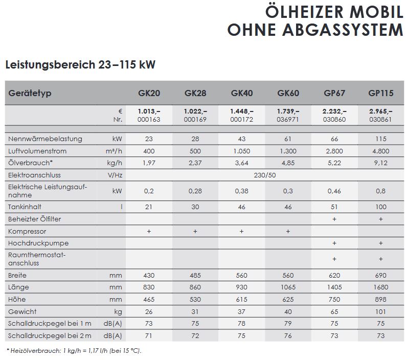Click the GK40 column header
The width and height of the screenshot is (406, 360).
[242, 94]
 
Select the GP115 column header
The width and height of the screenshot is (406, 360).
[380, 94]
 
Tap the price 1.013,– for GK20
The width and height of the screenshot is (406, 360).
[149, 111]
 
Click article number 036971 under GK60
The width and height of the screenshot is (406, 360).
[288, 119]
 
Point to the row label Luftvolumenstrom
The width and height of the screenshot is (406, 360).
[38, 151]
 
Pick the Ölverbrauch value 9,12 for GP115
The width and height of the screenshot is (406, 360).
[380, 163]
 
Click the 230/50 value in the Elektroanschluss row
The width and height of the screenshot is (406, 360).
[264, 175]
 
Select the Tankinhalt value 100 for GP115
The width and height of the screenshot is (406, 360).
[380, 207]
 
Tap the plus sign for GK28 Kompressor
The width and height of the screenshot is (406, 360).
[195, 231]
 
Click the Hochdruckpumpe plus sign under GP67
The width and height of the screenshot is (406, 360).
[334, 243]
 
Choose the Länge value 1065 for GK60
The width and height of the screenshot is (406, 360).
[288, 287]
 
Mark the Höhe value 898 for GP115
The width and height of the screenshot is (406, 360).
[380, 299]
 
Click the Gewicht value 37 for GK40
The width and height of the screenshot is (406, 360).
[242, 311]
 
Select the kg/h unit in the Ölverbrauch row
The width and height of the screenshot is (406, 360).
[115, 163]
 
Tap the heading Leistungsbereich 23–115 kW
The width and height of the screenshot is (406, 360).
[80, 65]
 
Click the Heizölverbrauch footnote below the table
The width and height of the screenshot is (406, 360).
[74, 351]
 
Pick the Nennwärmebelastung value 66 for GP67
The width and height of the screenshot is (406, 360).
[334, 139]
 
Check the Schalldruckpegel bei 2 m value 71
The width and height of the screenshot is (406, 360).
[149, 335]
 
